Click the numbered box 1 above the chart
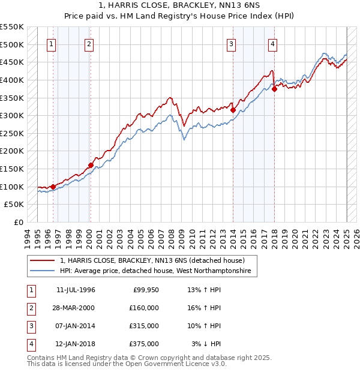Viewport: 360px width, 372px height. coord(51,43)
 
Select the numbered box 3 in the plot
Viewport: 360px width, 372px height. coord(231,43)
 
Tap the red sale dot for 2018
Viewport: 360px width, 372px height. coord(274,89)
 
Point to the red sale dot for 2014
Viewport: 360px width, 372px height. coord(233,110)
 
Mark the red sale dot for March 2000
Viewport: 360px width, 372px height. coord(91,165)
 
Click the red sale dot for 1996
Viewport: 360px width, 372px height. coord(53,187)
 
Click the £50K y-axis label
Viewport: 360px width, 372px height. coord(14,205)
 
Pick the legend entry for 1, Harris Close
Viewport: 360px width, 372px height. coord(152,261)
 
